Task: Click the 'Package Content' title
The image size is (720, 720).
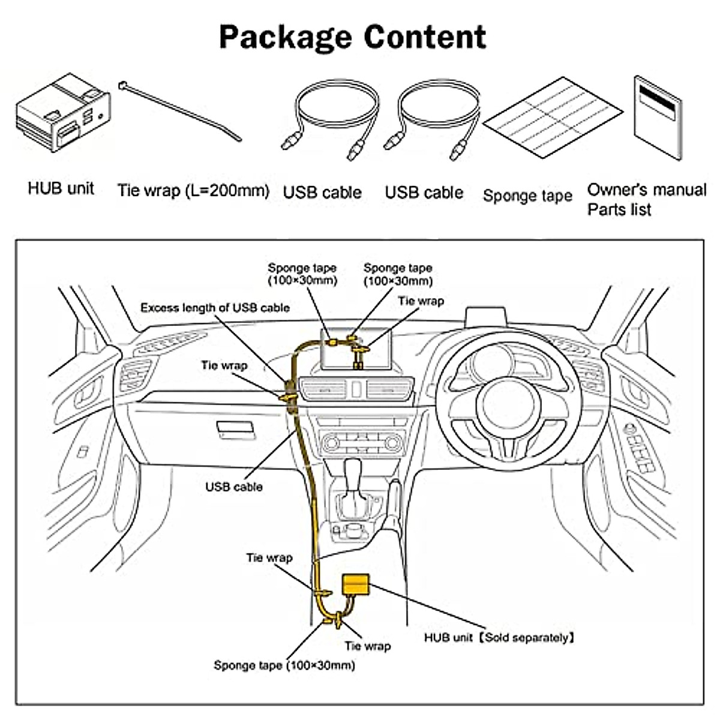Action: (x=353, y=37)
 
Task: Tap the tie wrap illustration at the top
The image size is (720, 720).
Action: (x=180, y=112)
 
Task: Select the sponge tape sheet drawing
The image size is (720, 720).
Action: (x=553, y=117)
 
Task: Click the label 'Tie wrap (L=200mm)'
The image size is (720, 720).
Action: (x=193, y=191)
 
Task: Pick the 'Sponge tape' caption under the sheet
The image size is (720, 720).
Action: (x=527, y=196)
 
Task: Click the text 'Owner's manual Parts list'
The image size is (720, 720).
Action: (x=646, y=200)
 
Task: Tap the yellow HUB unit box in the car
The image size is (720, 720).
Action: (x=356, y=584)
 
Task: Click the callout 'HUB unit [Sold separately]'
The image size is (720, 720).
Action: (x=499, y=638)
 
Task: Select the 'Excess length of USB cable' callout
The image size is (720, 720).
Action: (x=215, y=308)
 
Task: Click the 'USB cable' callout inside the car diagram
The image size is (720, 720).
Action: (x=234, y=487)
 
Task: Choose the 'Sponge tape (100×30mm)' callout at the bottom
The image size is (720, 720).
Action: (x=284, y=665)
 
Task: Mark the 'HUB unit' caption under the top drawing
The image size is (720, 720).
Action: (x=61, y=189)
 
